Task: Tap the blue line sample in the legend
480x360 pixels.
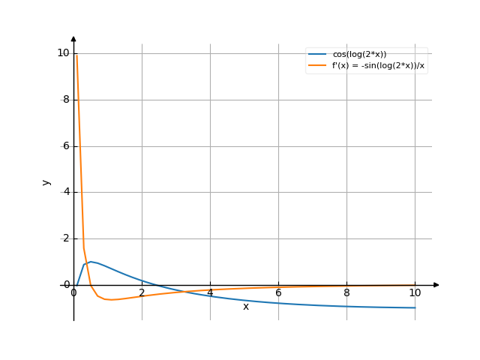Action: coord(316,54)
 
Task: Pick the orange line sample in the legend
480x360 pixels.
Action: coord(316,65)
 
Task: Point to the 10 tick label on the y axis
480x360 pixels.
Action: coord(63,52)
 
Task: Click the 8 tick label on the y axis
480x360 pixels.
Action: coord(66,99)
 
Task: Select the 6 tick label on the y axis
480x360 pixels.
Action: coord(66,145)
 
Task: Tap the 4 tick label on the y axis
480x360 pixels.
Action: coord(66,192)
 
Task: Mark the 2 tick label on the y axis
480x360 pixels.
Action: coord(66,238)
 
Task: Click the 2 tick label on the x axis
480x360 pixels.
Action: coord(142,292)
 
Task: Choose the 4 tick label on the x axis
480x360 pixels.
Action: coord(210,292)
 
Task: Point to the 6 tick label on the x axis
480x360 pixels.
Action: coord(278,292)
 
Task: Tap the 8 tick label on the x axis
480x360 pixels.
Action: coord(346,292)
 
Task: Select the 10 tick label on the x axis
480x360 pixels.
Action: coord(415,292)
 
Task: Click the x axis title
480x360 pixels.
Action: coord(245,306)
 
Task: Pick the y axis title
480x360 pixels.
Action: coord(46,182)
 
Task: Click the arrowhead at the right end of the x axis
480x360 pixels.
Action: coord(436,285)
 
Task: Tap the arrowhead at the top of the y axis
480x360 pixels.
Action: coord(73,37)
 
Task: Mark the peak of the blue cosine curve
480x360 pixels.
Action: coord(91,262)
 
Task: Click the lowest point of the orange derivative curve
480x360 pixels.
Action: coord(109,300)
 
